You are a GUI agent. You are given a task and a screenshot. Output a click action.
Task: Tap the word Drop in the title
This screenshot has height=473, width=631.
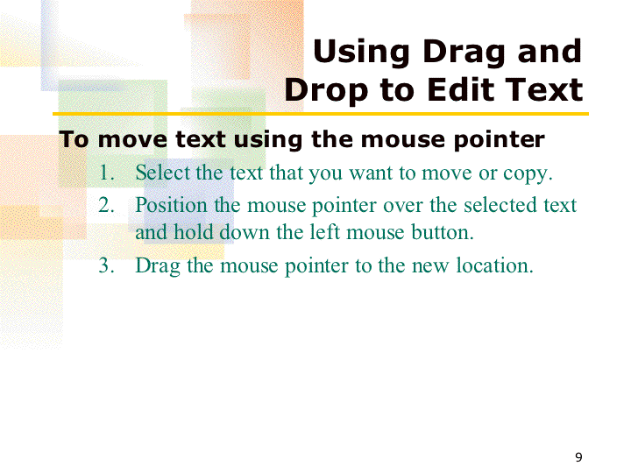[x=326, y=91]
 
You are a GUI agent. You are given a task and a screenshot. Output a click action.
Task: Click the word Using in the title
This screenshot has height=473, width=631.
[x=361, y=53]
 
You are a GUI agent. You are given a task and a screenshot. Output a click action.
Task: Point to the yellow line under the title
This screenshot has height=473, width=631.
[x=321, y=114]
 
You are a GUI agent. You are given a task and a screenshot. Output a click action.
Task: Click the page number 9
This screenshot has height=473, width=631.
[x=578, y=457]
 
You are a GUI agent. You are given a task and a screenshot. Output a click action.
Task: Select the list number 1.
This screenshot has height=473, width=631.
[x=106, y=173]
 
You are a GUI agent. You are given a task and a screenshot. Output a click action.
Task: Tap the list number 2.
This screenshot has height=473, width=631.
[x=106, y=205]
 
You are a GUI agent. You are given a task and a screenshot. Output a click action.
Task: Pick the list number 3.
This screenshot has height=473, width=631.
[x=106, y=265]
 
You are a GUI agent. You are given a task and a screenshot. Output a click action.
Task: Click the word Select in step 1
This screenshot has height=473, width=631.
[x=163, y=173]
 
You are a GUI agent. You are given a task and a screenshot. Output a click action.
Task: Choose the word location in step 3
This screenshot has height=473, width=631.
[x=494, y=265]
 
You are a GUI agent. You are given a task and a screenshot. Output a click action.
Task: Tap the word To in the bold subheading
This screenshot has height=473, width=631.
[x=74, y=139]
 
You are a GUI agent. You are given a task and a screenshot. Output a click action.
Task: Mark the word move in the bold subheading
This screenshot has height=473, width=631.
[x=132, y=140]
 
